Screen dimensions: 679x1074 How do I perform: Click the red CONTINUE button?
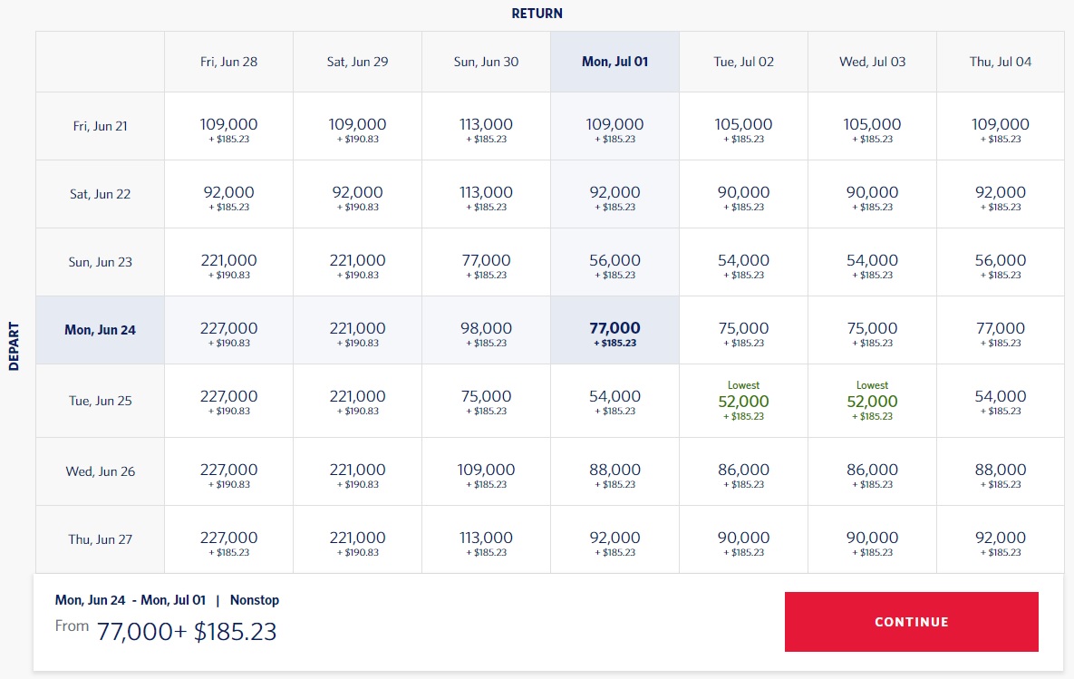(x=911, y=622)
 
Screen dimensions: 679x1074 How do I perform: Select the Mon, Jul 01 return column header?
(x=614, y=62)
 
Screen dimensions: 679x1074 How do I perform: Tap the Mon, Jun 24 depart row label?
(x=100, y=330)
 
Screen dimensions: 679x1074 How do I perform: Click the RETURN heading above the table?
(x=537, y=14)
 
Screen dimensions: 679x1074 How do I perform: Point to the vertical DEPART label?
(x=15, y=345)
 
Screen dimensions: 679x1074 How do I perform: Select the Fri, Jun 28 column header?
(x=228, y=62)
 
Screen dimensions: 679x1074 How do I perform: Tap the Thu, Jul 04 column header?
(x=1001, y=62)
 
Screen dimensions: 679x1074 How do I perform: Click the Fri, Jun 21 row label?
(x=100, y=126)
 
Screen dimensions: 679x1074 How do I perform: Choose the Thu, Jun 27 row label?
(x=100, y=539)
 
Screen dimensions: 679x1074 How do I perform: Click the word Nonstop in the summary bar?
(x=255, y=600)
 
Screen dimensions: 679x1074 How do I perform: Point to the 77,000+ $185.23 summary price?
(x=186, y=631)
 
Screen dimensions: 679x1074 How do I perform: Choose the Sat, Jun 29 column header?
(x=357, y=62)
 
